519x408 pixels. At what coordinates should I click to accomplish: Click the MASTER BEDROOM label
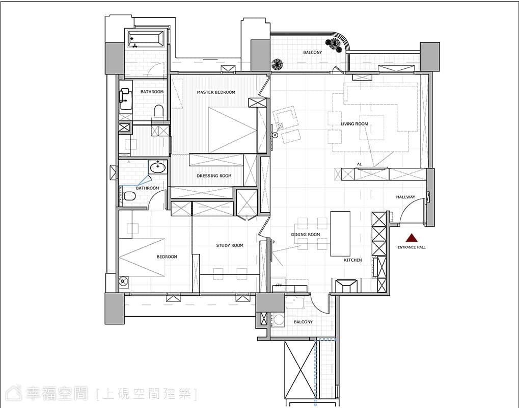click(x=216, y=92)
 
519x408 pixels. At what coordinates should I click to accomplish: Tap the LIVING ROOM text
click(x=354, y=124)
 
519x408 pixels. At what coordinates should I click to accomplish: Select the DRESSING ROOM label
click(x=214, y=175)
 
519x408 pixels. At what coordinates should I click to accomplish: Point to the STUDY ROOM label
click(x=229, y=246)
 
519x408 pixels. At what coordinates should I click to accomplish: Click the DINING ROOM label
click(x=306, y=235)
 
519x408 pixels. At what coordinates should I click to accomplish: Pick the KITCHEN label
click(x=353, y=260)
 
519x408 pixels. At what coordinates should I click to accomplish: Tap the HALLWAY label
click(x=405, y=197)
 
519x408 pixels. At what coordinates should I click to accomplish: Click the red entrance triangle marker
click(x=412, y=238)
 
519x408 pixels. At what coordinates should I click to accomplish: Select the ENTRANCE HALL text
click(x=412, y=247)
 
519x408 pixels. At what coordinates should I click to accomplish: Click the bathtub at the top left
click(x=146, y=38)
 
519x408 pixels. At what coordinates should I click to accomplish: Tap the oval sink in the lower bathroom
click(x=157, y=167)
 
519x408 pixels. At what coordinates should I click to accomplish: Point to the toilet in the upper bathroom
click(x=159, y=111)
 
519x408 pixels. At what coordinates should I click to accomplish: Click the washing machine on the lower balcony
click(x=278, y=320)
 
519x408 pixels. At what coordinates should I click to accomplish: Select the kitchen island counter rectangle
click(x=340, y=234)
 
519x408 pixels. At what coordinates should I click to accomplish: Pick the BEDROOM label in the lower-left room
click(x=167, y=257)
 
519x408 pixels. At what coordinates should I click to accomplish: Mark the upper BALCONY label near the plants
click(x=312, y=53)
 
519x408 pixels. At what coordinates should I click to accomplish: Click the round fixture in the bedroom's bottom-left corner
click(x=123, y=282)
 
